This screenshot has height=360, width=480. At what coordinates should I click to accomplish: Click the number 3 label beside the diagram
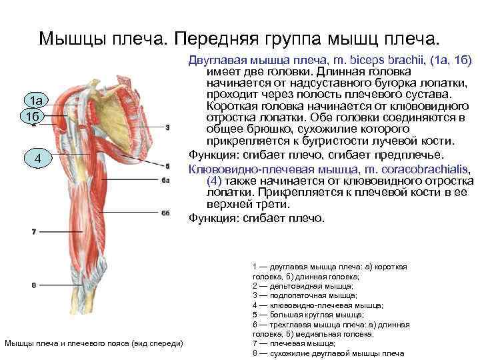click(167, 127)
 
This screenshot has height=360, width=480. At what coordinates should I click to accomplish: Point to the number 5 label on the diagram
click(167, 166)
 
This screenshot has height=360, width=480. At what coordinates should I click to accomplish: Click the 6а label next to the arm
click(167, 180)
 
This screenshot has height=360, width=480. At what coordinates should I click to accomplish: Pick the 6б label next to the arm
click(167, 213)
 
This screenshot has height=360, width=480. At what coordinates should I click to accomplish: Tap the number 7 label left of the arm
click(33, 231)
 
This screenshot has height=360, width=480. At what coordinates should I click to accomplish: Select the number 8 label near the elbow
click(33, 285)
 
